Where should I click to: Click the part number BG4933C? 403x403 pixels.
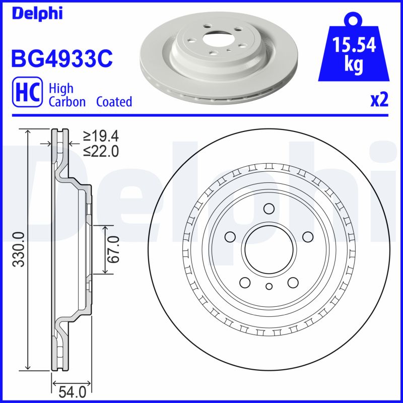click(61, 58)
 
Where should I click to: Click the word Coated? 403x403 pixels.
click(114, 102)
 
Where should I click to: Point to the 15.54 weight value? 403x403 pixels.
click(354, 45)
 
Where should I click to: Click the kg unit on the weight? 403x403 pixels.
click(354, 65)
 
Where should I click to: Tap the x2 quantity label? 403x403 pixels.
click(379, 100)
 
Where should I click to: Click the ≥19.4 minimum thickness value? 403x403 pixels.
click(101, 136)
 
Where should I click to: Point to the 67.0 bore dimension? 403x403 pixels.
click(113, 249)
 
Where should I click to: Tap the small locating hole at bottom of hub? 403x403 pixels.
click(268, 287)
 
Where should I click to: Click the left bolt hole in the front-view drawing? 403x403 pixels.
click(230, 236)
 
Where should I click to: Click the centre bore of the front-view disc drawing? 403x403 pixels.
click(268, 250)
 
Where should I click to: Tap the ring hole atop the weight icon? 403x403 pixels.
click(354, 20)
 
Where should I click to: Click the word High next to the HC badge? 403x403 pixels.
click(61, 89)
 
